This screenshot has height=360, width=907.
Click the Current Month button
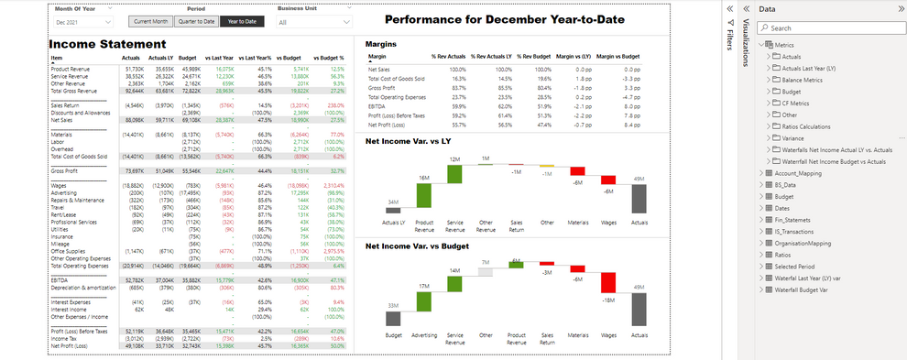[x=148, y=20]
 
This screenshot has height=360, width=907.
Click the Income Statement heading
[x=107, y=44]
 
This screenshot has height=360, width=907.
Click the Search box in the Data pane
[x=827, y=28]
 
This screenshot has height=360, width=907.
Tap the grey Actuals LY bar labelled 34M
[x=393, y=211]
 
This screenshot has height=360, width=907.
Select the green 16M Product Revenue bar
[x=424, y=195]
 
